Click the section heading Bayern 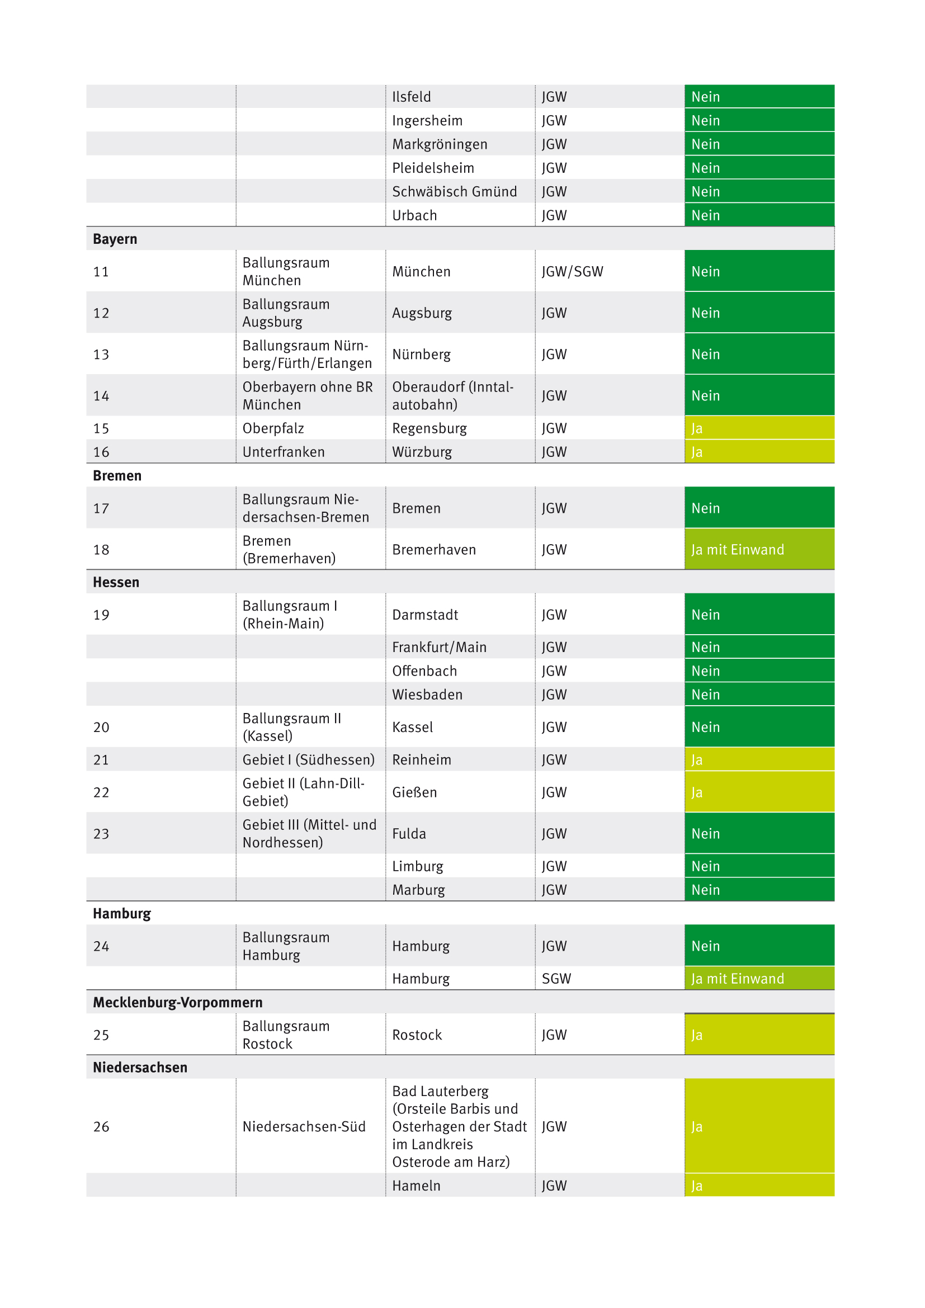[x=115, y=239]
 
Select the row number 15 [x=101, y=428]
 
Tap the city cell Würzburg [x=422, y=452]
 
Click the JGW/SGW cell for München [x=572, y=271]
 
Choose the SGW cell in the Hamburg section [x=556, y=978]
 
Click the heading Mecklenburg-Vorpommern [x=178, y=1002]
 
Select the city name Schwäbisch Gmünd [x=454, y=191]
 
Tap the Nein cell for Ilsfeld [x=705, y=97]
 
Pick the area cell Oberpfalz [x=273, y=428]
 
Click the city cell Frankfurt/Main [x=438, y=647]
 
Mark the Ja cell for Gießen [x=697, y=792]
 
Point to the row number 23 [x=101, y=833]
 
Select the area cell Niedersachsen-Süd [x=304, y=1126]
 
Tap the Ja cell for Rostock [x=697, y=1035]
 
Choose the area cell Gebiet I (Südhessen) [x=308, y=759]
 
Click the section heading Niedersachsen [x=140, y=1067]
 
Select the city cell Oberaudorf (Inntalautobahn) [x=452, y=395]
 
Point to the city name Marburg [x=418, y=889]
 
